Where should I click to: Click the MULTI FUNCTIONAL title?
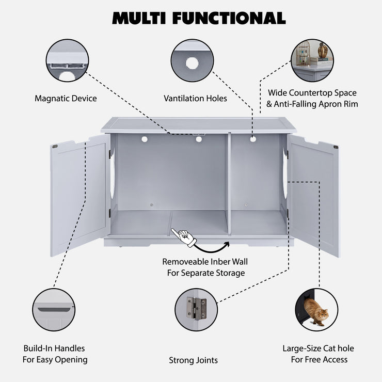tap(199, 18)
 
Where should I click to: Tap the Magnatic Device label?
tap(66, 98)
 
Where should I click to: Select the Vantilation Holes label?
tap(195, 98)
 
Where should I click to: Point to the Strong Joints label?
tap(193, 360)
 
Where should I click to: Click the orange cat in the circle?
tap(316, 312)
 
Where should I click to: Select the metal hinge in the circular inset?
tap(196, 309)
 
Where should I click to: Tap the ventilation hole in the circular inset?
tap(192, 63)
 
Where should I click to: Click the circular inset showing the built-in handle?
tap(54, 310)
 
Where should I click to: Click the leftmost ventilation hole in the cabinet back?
tap(145, 139)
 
